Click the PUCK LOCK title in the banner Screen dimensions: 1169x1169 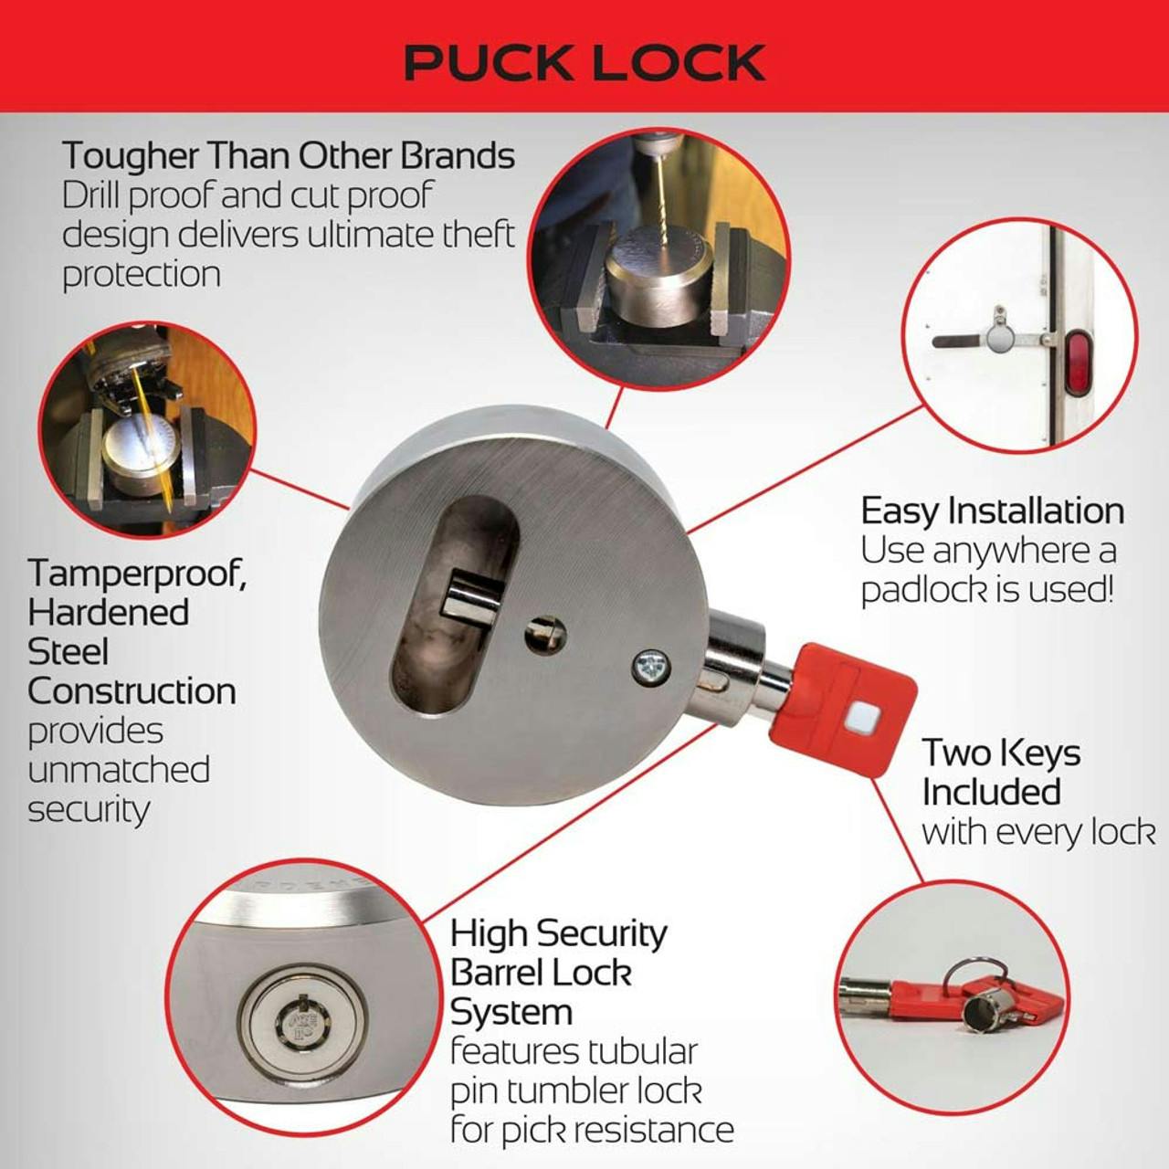(584, 61)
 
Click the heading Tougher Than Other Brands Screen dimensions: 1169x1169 (288, 156)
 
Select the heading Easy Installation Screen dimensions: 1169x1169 (992, 511)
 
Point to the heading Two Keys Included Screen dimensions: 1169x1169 (1001, 773)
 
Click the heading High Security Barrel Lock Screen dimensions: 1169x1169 (557, 953)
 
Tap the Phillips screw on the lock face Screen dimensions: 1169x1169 (651, 667)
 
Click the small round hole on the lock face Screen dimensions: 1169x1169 (545, 635)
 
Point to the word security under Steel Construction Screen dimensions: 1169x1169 (89, 810)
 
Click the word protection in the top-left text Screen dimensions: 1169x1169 (142, 274)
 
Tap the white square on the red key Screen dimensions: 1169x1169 (858, 721)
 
